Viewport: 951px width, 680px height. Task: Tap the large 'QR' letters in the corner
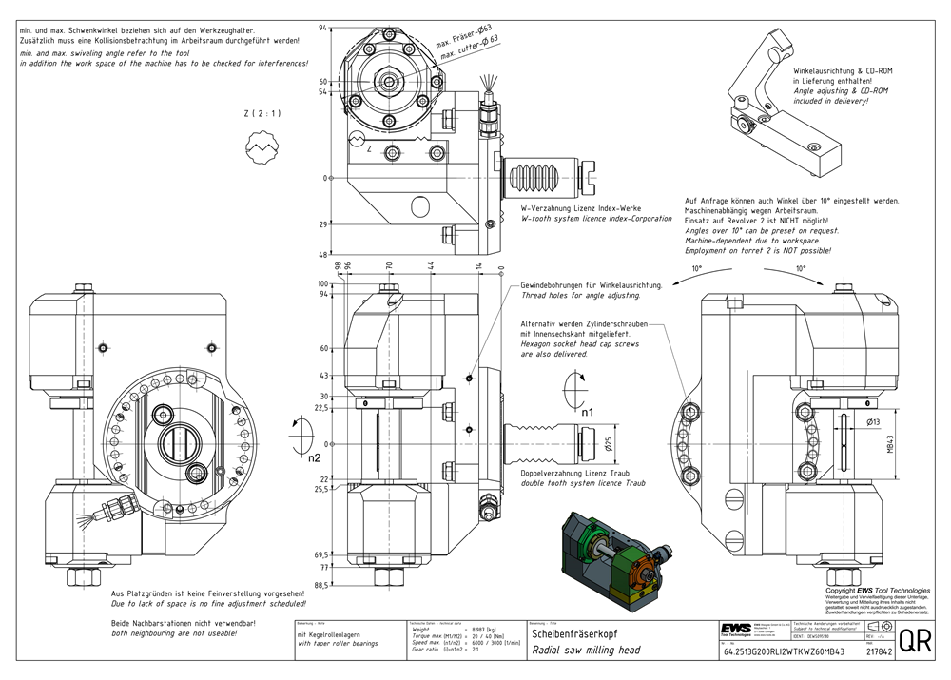[x=915, y=641]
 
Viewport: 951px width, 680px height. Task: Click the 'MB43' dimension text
[x=890, y=443]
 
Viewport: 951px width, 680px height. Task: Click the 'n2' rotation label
[x=315, y=457]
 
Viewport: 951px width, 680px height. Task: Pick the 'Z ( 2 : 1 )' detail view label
[x=262, y=114]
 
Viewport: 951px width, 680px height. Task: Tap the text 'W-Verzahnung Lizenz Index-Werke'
[x=581, y=207]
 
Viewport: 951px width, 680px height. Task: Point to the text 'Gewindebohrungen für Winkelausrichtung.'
[x=591, y=285]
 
